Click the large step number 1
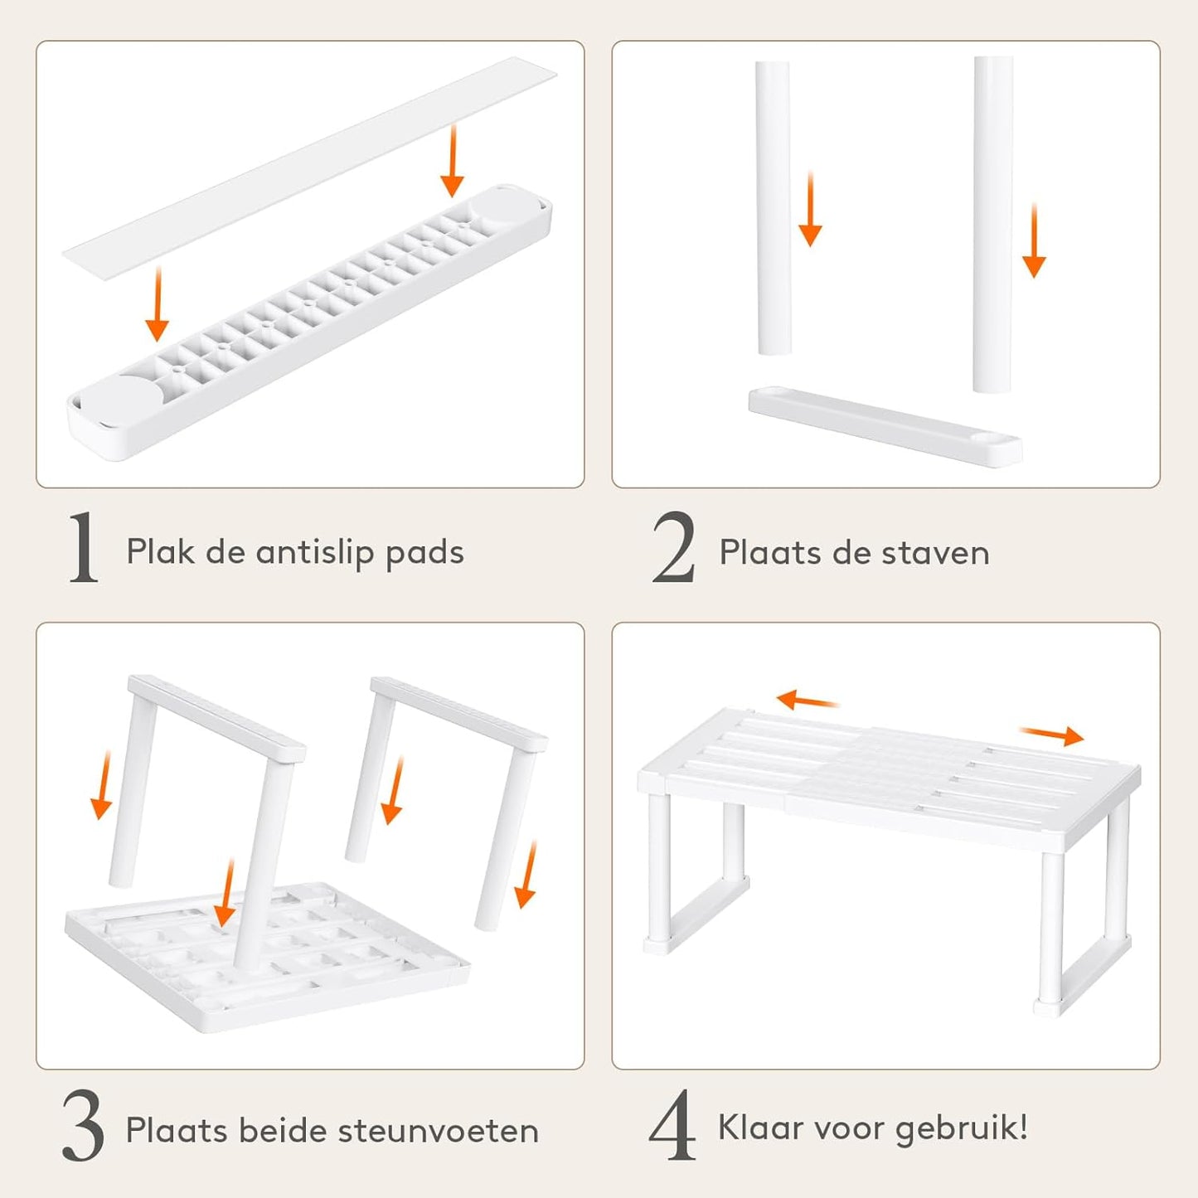pyautogui.click(x=84, y=548)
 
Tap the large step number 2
pyautogui.click(x=673, y=548)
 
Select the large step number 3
pyautogui.click(x=83, y=1125)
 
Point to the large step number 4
pyautogui.click(x=672, y=1125)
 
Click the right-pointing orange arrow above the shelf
pyautogui.click(x=1051, y=735)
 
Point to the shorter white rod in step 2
pyautogui.click(x=774, y=207)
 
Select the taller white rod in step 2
pyautogui.click(x=993, y=225)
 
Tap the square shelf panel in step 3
pyautogui.click(x=267, y=958)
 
